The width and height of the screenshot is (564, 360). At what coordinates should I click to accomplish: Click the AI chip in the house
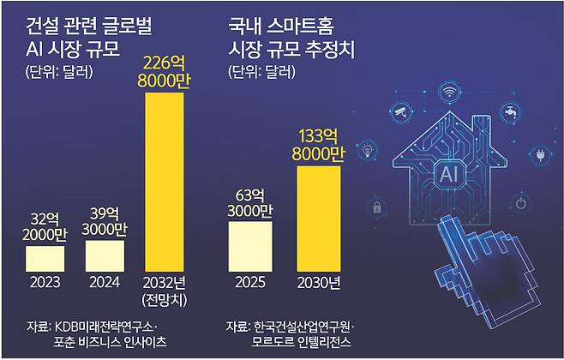tap(448, 176)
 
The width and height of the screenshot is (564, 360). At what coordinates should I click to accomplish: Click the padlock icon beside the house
tap(376, 207)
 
